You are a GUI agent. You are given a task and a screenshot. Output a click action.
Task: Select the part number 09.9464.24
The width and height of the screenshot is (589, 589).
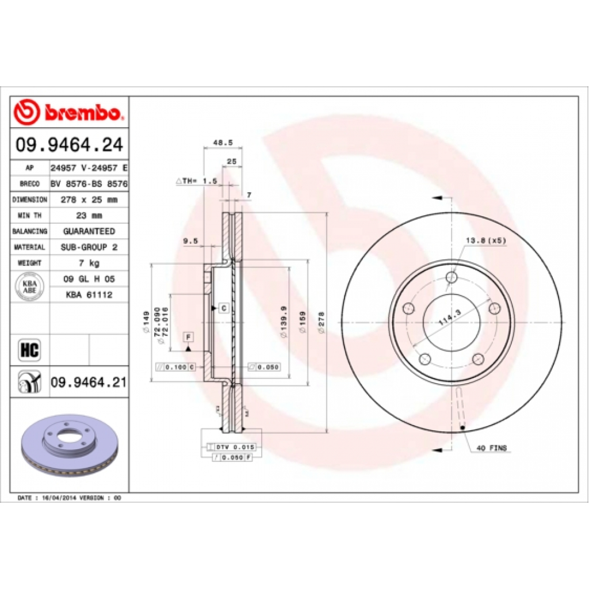(69, 144)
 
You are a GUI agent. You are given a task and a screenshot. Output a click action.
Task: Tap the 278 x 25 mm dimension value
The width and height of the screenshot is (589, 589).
(89, 200)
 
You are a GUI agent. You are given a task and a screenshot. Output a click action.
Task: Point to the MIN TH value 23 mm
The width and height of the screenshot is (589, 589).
(89, 216)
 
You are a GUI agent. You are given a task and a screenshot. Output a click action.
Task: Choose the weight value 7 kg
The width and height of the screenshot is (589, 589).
(89, 263)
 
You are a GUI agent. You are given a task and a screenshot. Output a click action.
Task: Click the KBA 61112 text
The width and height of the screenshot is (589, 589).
(89, 294)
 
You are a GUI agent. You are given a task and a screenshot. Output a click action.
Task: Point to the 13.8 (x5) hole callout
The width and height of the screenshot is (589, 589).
(486, 241)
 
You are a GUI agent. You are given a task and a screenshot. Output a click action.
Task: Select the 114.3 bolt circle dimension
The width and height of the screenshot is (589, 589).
(450, 318)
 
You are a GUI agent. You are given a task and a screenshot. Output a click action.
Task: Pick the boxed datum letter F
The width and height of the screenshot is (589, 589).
(188, 336)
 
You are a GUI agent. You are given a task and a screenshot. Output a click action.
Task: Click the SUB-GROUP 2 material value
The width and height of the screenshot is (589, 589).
(89, 247)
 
